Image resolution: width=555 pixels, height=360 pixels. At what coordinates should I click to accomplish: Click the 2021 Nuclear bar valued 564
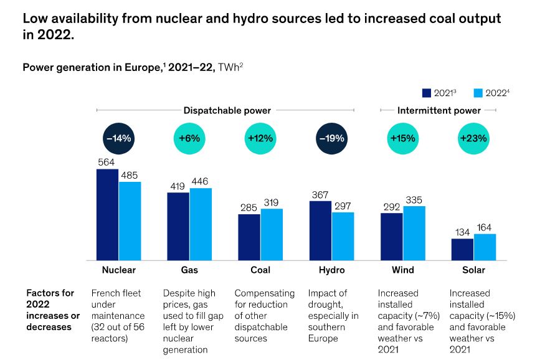[x=107, y=214]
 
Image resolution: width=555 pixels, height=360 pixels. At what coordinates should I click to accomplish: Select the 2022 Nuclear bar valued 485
[x=130, y=220]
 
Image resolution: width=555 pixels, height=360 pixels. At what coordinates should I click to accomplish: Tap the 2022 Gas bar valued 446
[x=201, y=224]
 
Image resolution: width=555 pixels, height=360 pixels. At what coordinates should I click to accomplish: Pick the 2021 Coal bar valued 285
[x=249, y=237]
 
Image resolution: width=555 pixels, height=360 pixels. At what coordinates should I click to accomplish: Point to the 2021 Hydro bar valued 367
[x=320, y=230]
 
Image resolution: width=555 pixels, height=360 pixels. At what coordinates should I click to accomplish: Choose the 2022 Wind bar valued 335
[x=414, y=233]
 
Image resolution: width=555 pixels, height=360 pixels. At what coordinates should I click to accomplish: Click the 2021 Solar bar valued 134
[x=462, y=249]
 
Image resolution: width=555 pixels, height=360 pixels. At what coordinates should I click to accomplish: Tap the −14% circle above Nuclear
[x=118, y=138]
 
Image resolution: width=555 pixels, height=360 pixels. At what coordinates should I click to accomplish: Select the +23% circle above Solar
[x=473, y=138]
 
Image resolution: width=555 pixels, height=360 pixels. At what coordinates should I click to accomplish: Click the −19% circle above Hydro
[x=331, y=138]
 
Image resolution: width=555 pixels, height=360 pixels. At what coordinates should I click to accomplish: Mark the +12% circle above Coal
[x=260, y=138]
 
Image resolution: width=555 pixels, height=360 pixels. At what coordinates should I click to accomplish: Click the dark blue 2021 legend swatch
[x=427, y=93]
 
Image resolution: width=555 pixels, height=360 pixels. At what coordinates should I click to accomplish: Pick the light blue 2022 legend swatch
[x=478, y=93]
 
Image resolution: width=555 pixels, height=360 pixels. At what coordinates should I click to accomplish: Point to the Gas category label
[x=189, y=270]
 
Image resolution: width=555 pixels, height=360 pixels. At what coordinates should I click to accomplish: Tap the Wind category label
[x=402, y=270]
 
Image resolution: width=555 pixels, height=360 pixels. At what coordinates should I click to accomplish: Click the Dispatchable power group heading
[x=227, y=110]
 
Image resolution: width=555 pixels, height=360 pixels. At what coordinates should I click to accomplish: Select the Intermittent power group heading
[x=439, y=110]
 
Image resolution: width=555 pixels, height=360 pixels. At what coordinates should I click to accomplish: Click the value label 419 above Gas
[x=178, y=186]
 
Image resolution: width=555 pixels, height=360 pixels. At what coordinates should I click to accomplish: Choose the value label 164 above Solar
[x=485, y=227]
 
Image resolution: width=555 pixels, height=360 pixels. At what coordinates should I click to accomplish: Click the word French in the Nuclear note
[x=105, y=293]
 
